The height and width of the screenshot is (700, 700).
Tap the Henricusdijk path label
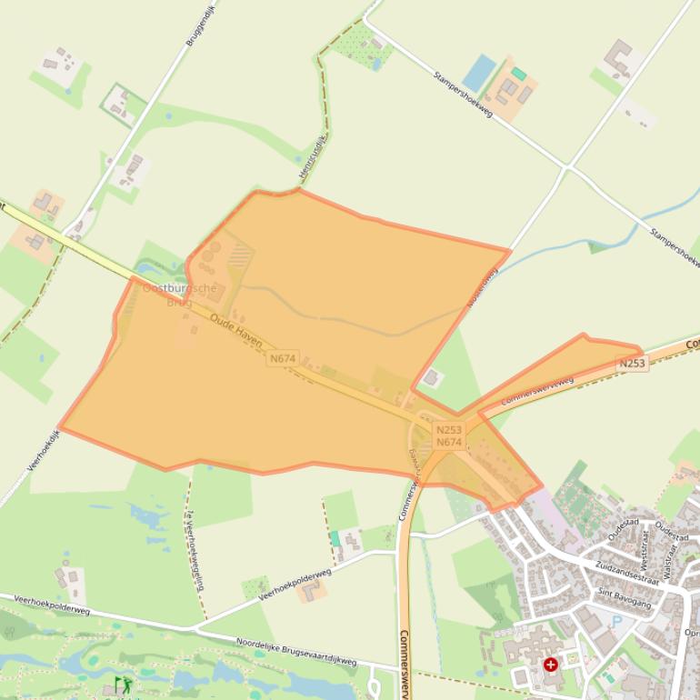(311, 158)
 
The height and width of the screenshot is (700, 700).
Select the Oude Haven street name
(235, 331)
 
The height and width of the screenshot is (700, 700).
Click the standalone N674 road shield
(283, 359)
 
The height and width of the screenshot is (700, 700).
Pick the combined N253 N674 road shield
(449, 436)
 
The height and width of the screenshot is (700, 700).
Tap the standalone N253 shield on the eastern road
(633, 364)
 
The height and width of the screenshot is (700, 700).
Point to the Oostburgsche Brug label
(180, 295)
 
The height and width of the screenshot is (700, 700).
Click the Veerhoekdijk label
(43, 451)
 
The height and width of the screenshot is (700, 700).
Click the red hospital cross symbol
(551, 665)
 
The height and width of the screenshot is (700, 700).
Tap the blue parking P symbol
(618, 622)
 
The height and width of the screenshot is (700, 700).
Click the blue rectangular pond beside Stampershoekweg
(479, 73)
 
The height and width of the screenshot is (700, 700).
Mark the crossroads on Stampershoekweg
(568, 166)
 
